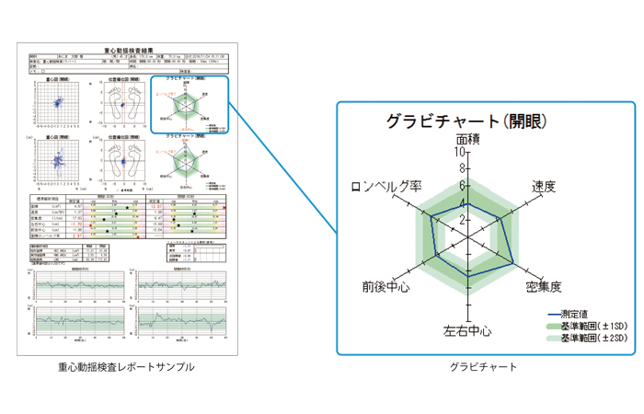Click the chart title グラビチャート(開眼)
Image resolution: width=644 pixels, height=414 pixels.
467,121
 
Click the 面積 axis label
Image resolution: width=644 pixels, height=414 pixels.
468,140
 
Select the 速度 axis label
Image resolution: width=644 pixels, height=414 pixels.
544,186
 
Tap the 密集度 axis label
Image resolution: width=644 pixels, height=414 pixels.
545,288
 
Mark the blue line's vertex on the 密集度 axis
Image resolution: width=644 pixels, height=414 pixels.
512,261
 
